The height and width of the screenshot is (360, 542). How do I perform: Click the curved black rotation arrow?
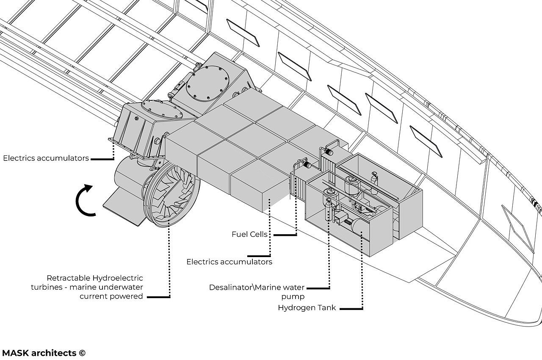(x=83, y=200)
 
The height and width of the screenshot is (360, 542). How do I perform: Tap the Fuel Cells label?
(x=249, y=234)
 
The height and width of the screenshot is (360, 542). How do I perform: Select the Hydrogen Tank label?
(x=307, y=308)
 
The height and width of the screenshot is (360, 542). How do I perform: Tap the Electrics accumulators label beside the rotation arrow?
(x=46, y=158)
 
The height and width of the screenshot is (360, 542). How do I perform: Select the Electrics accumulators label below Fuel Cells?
(x=229, y=262)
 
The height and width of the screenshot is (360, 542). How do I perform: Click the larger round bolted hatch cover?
(x=208, y=83)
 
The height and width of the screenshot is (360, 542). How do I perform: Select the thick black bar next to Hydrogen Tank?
(x=351, y=309)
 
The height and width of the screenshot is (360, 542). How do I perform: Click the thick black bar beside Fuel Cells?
(x=285, y=235)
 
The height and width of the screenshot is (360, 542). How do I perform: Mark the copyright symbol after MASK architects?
(x=82, y=353)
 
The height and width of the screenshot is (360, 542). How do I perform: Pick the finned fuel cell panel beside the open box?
(x=298, y=186)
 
